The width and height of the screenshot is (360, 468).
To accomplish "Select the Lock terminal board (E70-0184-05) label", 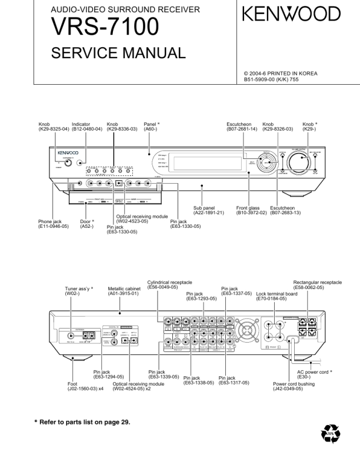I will pyautogui.click(x=271, y=296).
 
